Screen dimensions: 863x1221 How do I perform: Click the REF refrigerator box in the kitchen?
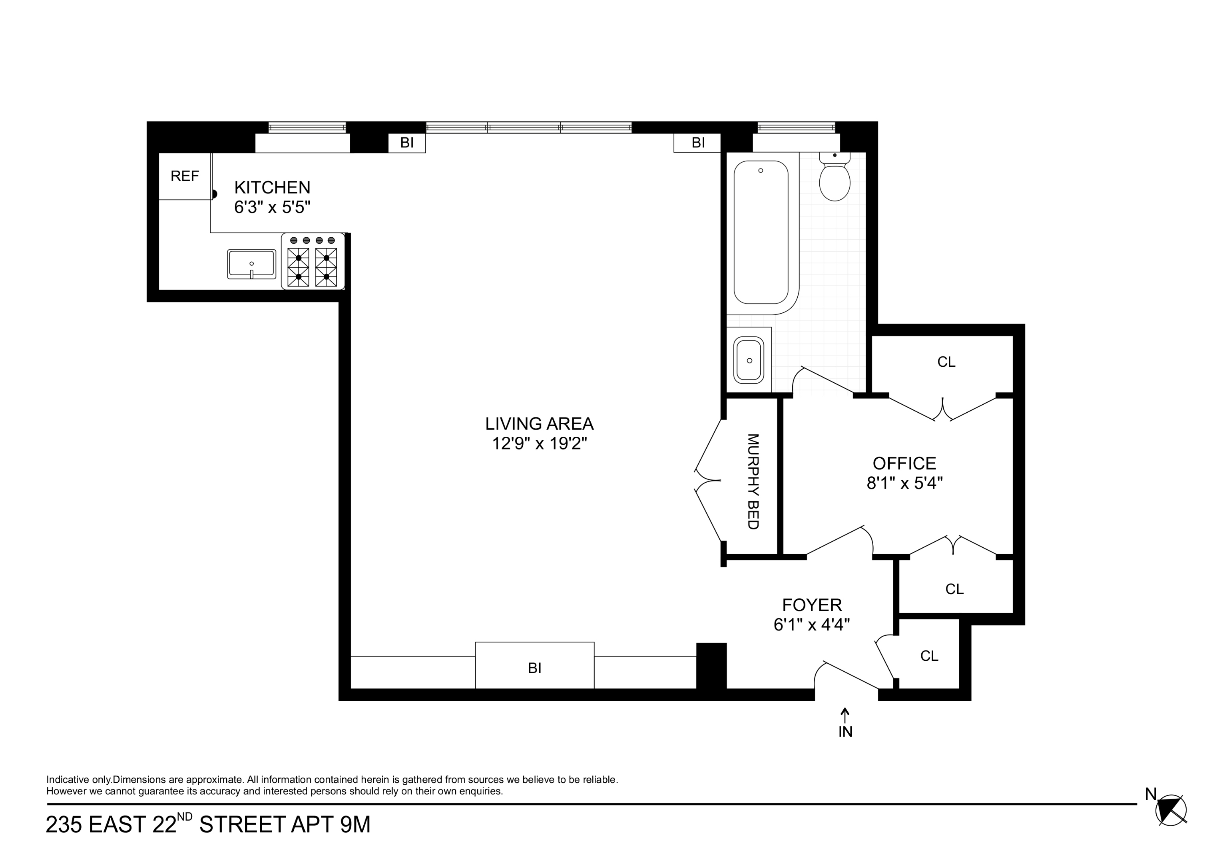point(185,176)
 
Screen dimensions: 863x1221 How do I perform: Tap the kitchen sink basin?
point(251,264)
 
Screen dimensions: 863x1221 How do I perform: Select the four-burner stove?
point(313,262)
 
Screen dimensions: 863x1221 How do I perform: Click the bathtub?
point(761,233)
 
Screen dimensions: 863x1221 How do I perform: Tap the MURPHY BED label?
point(753,481)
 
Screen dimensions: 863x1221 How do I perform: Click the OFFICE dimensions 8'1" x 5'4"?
point(904,483)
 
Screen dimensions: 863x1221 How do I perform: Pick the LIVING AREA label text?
point(539,424)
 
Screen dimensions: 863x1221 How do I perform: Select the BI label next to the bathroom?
point(698,143)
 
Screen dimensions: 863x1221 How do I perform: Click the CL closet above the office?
point(946,362)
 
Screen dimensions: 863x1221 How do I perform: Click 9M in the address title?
point(355,825)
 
